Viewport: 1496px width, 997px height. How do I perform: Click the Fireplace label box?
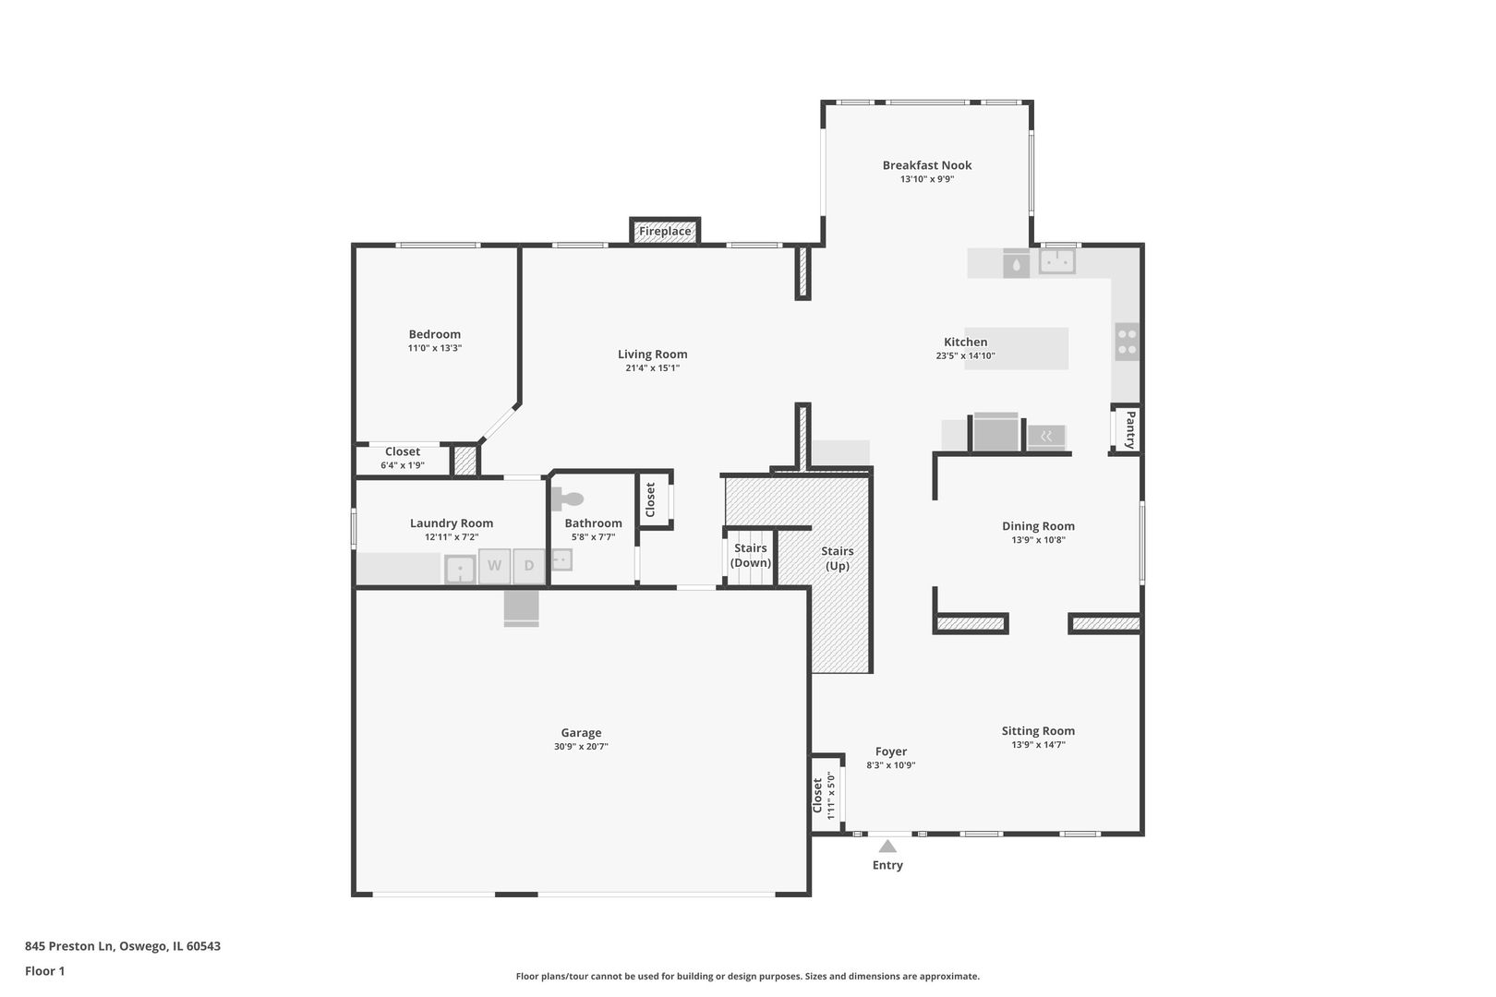coord(665,231)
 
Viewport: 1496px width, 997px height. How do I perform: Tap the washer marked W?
coord(495,566)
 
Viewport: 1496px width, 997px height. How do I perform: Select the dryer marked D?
coord(529,566)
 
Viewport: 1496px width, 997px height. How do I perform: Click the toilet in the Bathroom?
coord(569,499)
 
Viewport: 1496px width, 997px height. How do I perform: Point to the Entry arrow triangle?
coord(887,846)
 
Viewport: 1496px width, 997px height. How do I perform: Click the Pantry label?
coord(1129,429)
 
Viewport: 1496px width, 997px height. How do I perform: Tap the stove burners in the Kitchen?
coord(1127,341)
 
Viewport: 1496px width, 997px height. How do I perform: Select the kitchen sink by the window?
coord(1056,261)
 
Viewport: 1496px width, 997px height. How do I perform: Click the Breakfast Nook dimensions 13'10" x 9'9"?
coord(927,179)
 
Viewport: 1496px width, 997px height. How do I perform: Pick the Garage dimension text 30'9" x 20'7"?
coord(581,747)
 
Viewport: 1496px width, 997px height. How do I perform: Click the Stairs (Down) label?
coord(750,555)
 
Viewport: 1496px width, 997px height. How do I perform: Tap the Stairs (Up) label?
coord(838,559)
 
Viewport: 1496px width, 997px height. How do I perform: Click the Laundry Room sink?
coord(460,569)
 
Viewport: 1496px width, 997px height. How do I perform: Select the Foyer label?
coord(891,751)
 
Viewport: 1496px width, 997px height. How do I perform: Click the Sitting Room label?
coord(1038,730)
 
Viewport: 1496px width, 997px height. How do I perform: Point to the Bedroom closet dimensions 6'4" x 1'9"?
coord(402,465)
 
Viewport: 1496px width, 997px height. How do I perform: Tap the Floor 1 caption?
coord(44,971)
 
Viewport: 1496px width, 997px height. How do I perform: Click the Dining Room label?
coord(1038,526)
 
